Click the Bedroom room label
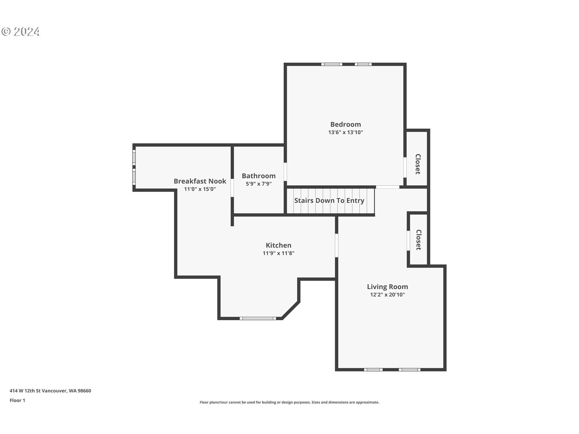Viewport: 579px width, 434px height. tap(346, 124)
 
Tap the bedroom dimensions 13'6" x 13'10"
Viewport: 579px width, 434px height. tap(346, 132)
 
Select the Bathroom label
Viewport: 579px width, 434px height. tap(259, 176)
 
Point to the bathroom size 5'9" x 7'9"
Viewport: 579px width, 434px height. tap(259, 184)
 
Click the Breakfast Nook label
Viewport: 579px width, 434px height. tap(200, 181)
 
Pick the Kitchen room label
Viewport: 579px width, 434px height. tap(279, 245)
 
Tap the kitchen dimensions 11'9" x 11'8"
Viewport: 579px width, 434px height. tap(279, 253)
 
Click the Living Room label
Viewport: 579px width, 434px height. tap(388, 287)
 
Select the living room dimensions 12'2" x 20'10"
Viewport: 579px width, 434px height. tap(388, 295)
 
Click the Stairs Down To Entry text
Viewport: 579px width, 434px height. tap(329, 200)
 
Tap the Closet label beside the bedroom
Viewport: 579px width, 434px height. tap(418, 164)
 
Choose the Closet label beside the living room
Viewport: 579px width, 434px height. tap(418, 240)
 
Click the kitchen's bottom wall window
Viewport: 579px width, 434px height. tap(258, 318)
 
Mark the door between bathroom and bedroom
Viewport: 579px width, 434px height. tap(285, 172)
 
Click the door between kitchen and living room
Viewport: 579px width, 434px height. tap(337, 245)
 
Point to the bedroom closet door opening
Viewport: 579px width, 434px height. tap(405, 168)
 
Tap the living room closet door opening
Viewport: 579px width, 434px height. tap(408, 241)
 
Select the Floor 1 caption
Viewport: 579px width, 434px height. tap(17, 401)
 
